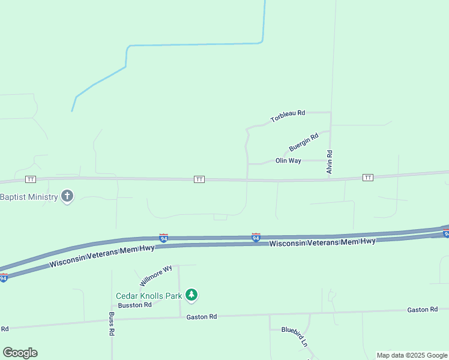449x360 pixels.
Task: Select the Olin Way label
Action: point(288,161)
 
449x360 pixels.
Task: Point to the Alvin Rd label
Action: point(330,163)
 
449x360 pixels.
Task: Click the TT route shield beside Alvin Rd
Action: point(368,178)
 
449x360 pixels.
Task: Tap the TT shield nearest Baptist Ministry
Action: point(31,179)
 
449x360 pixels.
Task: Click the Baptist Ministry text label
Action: point(28,197)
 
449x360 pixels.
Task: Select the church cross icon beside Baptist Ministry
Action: point(67,196)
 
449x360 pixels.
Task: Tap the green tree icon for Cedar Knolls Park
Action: point(191,295)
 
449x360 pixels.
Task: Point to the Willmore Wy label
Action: point(156,275)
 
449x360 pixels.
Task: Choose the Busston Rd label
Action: point(135,305)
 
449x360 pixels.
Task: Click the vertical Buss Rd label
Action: point(112,323)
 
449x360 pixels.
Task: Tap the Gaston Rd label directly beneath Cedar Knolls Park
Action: point(201,317)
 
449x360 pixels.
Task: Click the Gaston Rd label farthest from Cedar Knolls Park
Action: point(422,310)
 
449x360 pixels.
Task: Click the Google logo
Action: point(20,353)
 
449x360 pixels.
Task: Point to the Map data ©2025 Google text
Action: point(412,355)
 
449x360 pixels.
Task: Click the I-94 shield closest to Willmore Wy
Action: point(163,238)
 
